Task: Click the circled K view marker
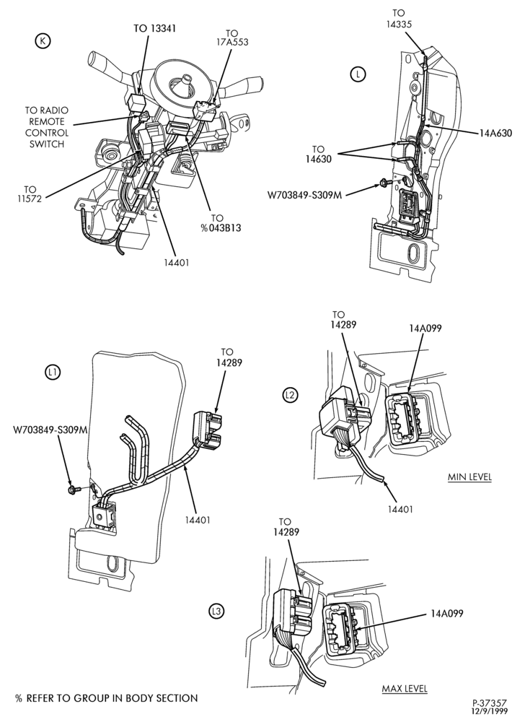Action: (x=43, y=41)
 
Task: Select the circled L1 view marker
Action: (x=53, y=372)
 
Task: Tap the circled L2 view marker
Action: (x=291, y=395)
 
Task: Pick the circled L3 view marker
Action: (x=216, y=612)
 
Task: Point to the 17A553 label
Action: (x=232, y=43)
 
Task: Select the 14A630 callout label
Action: (x=495, y=133)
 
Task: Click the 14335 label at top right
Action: (x=399, y=24)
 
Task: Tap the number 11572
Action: (x=30, y=200)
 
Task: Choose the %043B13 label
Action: (x=221, y=228)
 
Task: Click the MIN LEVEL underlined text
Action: (x=469, y=477)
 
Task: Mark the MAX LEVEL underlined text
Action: (x=405, y=689)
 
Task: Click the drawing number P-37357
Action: (x=490, y=703)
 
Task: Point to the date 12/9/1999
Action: (x=491, y=711)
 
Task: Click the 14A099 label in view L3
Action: (x=447, y=613)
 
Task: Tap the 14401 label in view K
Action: (x=177, y=263)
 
